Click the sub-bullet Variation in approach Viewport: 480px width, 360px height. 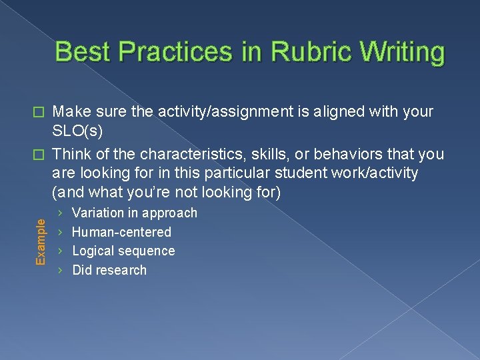[135, 213]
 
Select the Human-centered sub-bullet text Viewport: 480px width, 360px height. [121, 232]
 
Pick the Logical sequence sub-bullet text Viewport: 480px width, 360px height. [123, 251]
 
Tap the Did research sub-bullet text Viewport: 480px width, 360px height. [109, 270]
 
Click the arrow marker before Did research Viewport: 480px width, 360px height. [61, 270]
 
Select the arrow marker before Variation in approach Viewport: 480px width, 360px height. [61, 213]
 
